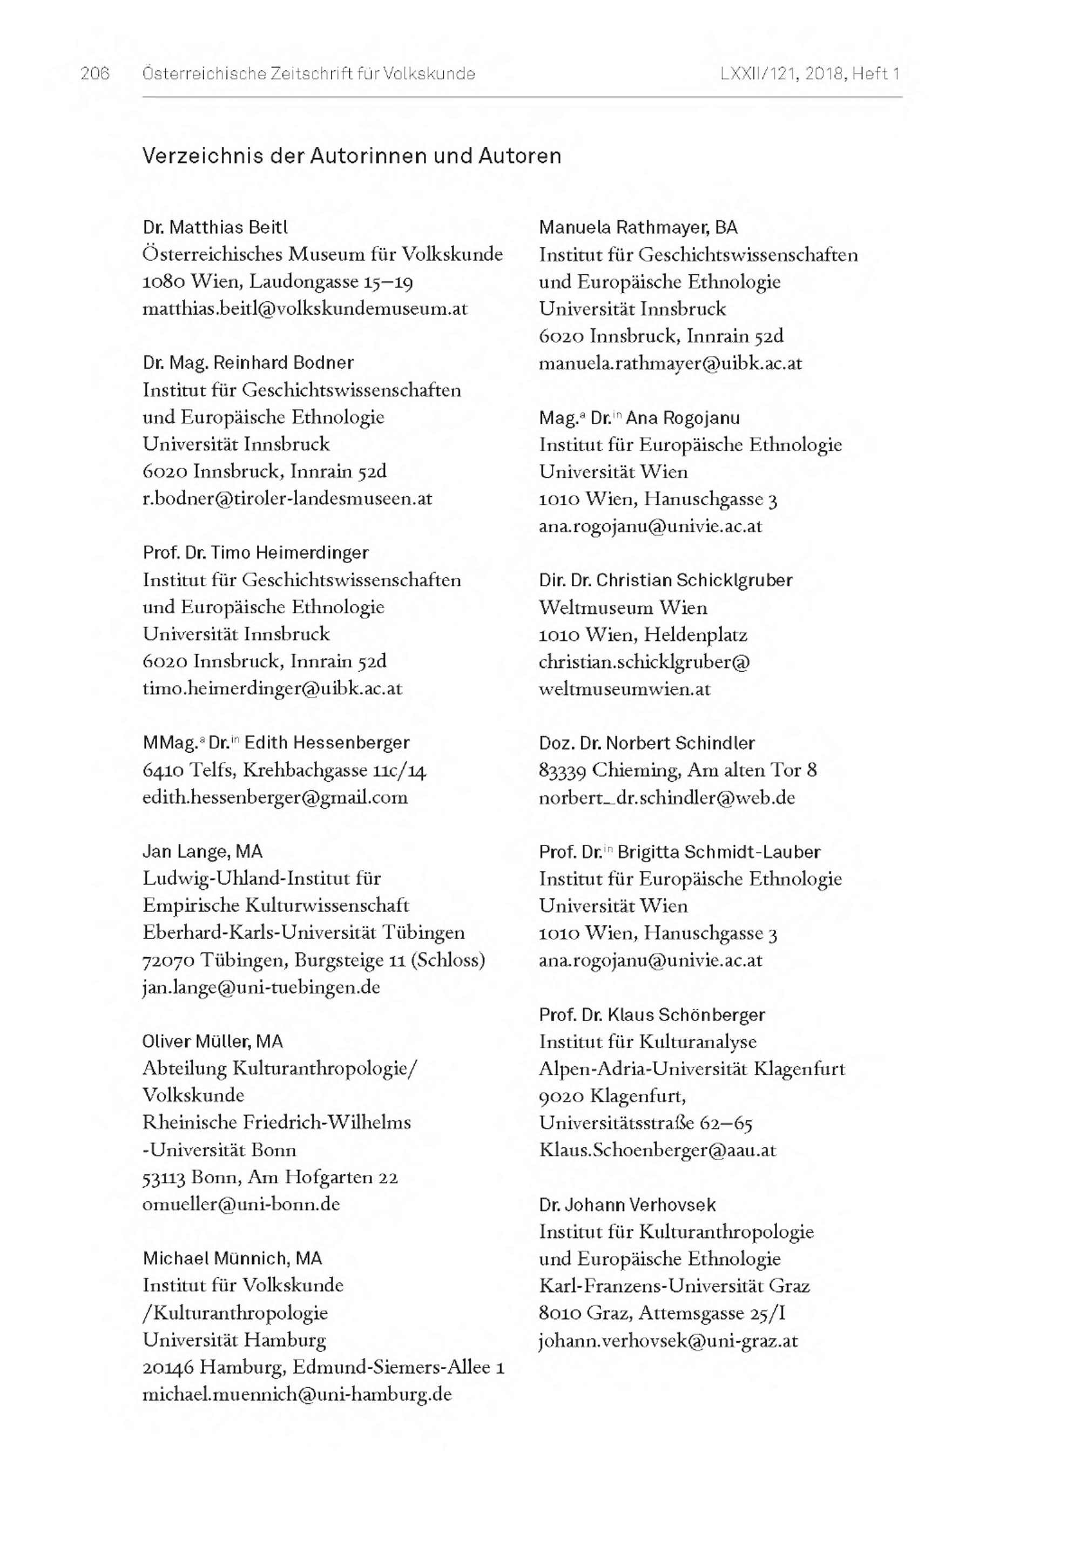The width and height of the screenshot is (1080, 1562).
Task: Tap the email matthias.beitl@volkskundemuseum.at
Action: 305,309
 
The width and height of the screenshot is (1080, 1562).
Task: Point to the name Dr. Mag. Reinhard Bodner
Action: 248,363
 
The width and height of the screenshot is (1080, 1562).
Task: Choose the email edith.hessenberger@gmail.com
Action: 275,797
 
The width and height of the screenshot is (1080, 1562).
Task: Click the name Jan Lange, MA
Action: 202,851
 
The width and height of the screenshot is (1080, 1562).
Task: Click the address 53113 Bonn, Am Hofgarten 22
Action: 270,1177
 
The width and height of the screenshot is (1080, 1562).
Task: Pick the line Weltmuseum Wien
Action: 623,607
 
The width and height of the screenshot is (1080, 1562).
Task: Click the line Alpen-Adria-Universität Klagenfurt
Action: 692,1069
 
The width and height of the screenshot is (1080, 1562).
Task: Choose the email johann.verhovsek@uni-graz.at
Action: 668,1340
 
